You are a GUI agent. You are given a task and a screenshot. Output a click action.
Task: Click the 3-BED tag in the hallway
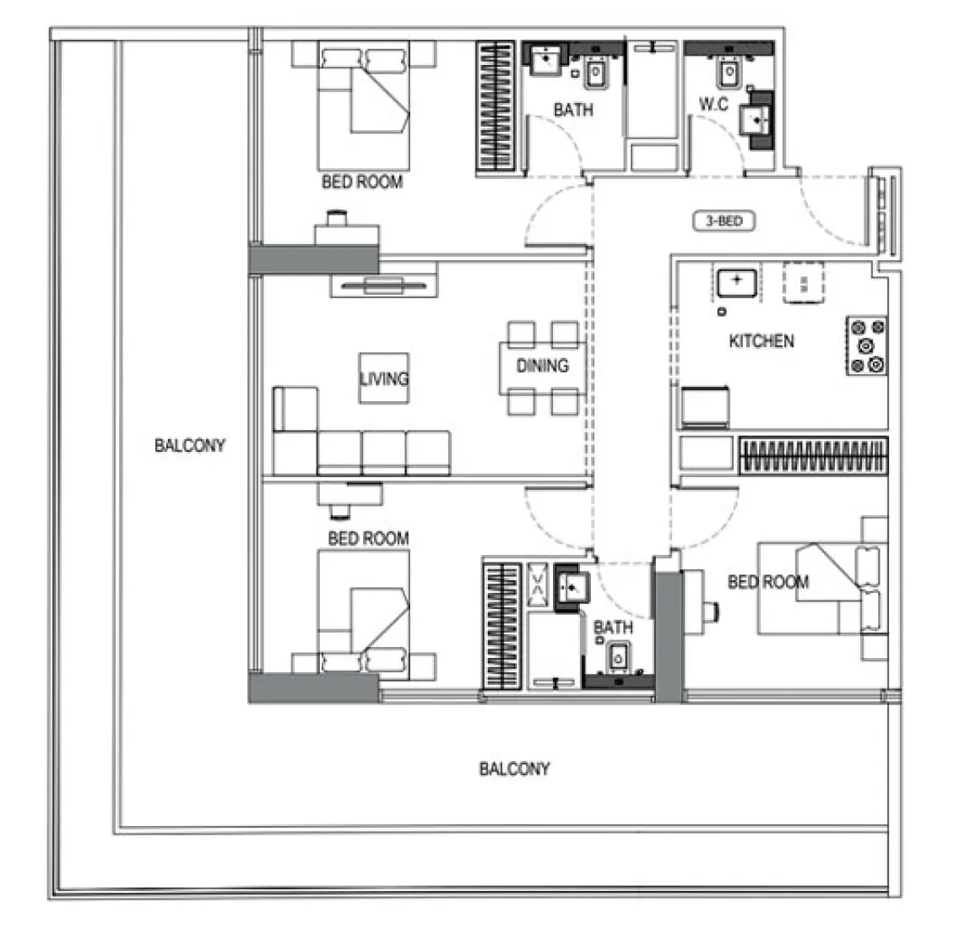click(723, 222)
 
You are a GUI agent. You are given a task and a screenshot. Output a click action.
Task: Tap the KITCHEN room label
click(761, 341)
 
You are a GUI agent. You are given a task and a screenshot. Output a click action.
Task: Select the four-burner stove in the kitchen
click(867, 345)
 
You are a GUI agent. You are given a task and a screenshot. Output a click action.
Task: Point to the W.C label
click(713, 105)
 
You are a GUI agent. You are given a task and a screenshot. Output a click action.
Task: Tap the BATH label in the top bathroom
click(572, 110)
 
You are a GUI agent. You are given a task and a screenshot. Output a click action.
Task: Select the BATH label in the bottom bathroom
click(613, 627)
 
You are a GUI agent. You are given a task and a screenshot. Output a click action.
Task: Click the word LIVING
click(383, 378)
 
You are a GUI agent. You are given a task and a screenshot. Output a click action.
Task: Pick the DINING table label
click(542, 366)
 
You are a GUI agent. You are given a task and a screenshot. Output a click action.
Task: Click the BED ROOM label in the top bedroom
click(362, 182)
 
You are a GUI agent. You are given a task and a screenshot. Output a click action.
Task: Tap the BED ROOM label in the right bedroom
click(767, 582)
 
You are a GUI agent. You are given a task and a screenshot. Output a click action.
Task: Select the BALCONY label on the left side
click(190, 445)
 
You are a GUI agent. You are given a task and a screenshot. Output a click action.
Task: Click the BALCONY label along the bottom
click(514, 769)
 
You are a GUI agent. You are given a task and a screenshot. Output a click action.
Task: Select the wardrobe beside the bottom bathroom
click(501, 626)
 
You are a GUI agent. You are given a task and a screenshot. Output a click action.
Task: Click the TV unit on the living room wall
click(384, 285)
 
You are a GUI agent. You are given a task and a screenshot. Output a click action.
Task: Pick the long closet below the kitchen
click(813, 457)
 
